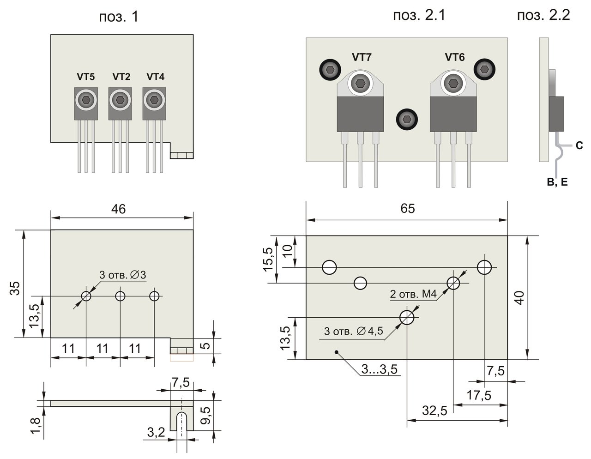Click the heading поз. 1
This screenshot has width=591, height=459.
(119, 17)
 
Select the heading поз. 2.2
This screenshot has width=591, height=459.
(543, 15)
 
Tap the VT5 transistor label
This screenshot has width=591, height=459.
(86, 77)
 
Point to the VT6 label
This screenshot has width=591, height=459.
(455, 57)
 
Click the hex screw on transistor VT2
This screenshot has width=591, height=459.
(120, 100)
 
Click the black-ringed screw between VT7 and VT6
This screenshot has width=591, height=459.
(407, 120)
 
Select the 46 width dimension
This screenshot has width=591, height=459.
(119, 209)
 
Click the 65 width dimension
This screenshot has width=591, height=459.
(408, 209)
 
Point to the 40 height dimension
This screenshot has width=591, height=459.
(519, 298)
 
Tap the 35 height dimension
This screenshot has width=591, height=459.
(15, 288)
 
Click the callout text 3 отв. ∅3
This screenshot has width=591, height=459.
(123, 275)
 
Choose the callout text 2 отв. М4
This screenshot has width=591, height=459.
(413, 294)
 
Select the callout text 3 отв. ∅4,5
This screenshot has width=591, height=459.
(353, 331)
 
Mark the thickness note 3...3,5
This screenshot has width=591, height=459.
(380, 369)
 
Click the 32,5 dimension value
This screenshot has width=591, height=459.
(434, 411)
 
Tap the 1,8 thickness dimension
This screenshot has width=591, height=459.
(36, 426)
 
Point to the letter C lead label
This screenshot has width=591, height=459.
(579, 146)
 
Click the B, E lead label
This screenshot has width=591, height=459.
(557, 182)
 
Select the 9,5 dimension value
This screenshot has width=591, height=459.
(207, 415)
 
